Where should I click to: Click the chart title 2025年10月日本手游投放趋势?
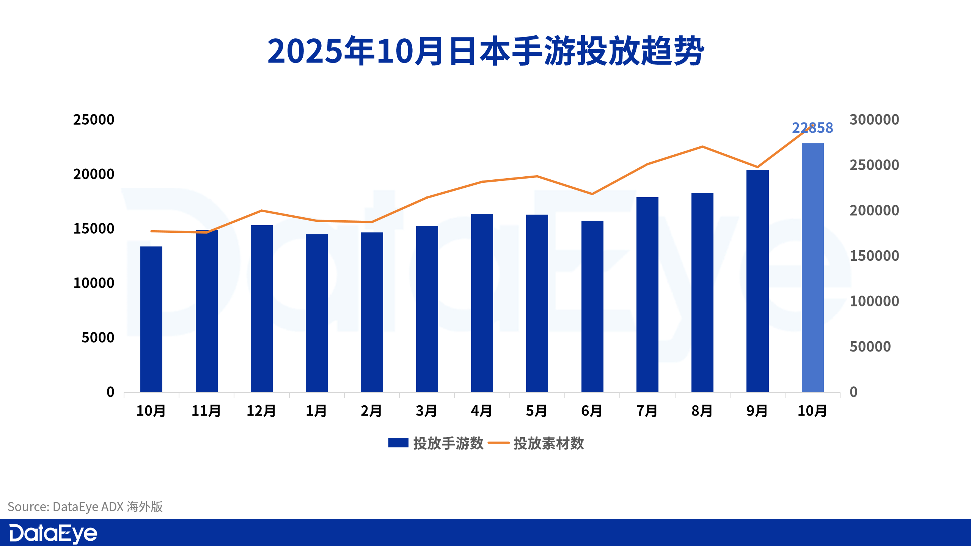[485, 51]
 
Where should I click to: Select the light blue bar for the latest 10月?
[812, 267]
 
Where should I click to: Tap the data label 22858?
[812, 128]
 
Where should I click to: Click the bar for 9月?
[757, 281]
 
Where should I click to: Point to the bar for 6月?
[592, 306]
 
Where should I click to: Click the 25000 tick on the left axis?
[94, 120]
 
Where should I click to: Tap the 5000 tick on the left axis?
[98, 337]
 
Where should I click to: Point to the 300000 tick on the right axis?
[874, 120]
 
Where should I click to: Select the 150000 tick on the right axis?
[874, 256]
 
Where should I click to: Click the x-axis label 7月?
[647, 411]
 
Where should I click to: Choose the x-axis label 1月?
[316, 411]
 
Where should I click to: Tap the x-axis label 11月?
[206, 411]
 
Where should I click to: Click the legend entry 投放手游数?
[436, 443]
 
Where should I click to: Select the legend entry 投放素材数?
[536, 443]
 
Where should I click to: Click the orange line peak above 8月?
[702, 146]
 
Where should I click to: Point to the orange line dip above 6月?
[592, 194]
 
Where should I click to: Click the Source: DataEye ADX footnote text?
[85, 507]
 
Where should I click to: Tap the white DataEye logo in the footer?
[53, 533]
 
